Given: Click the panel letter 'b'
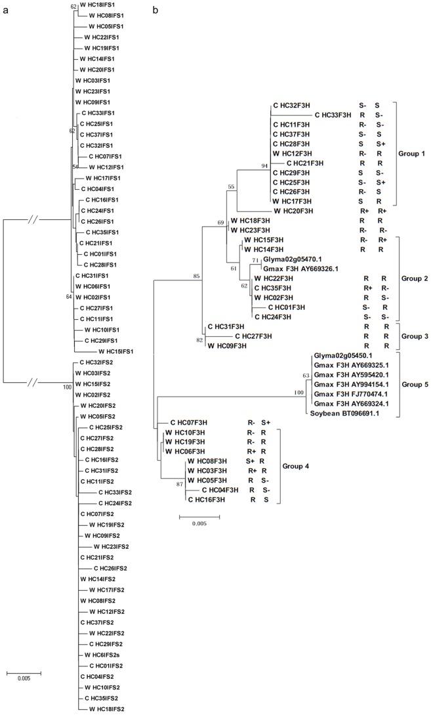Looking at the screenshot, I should [155, 11].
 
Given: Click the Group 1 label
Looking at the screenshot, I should [411, 153].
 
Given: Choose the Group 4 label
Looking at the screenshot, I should [296, 466].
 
